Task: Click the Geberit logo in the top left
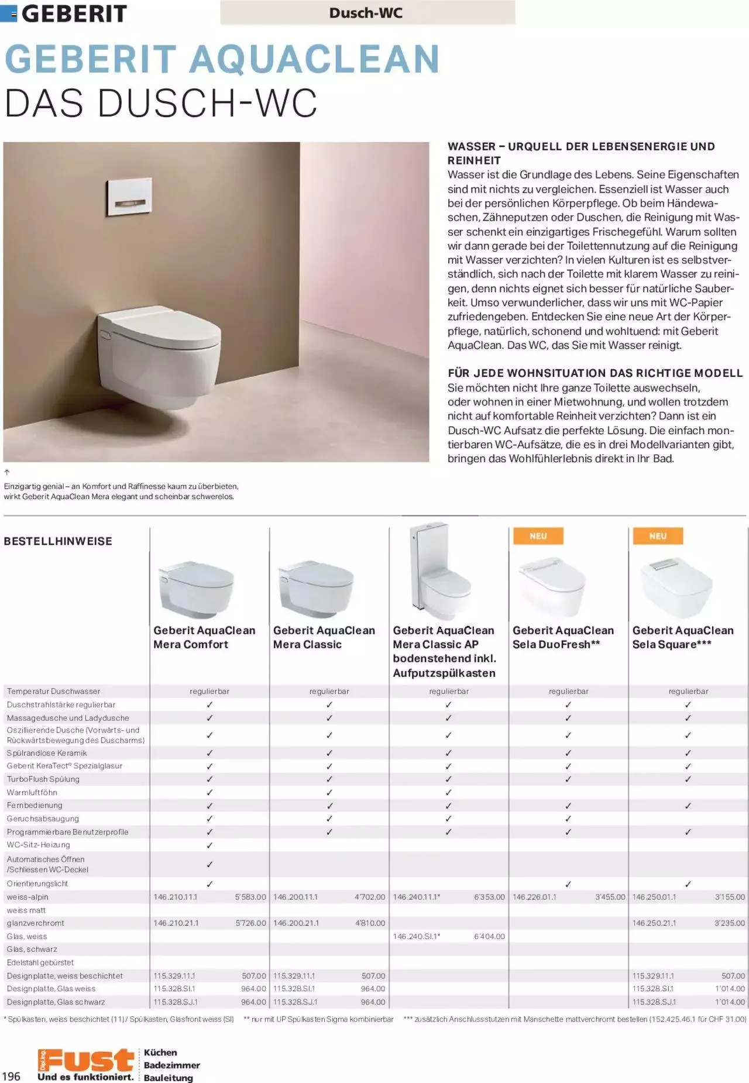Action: pos(64,13)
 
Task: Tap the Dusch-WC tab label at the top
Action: pos(366,12)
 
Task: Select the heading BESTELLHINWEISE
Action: pos(58,541)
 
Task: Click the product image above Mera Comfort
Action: pos(197,588)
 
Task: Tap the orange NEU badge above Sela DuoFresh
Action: pos(538,536)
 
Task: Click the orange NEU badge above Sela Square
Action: pos(658,536)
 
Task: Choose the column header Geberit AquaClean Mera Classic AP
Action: pos(445,651)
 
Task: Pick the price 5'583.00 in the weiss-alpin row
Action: pos(250,897)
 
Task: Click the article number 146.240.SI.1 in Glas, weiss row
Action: pos(417,936)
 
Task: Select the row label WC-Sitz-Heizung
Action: pos(39,845)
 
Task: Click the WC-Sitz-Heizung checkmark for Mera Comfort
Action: pos(209,845)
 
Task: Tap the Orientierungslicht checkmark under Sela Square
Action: pos(688,884)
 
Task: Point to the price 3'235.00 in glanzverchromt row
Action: pos(730,923)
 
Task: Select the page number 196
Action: pos(11,1076)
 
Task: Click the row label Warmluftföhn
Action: pos(32,792)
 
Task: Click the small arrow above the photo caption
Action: pos(7,472)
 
